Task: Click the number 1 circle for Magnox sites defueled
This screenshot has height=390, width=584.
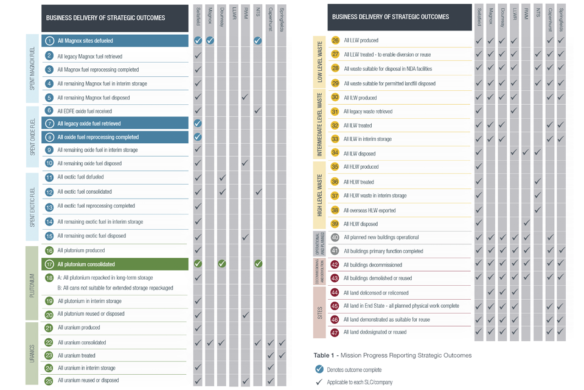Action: (50, 41)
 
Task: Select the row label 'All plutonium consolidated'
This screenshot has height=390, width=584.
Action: (86, 264)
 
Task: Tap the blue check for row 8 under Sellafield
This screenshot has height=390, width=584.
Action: (198, 137)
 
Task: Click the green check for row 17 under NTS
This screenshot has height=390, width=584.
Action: (258, 264)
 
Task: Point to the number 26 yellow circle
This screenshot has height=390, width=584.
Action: (335, 41)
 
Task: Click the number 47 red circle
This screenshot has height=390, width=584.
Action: (335, 332)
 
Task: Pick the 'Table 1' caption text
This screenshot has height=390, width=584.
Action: (392, 355)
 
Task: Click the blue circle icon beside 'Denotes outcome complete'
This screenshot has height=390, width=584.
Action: (319, 369)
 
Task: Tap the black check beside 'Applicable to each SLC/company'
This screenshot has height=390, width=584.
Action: (319, 382)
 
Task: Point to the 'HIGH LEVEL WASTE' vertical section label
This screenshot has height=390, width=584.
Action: (319, 196)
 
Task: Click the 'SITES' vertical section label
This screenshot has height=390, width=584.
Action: (319, 312)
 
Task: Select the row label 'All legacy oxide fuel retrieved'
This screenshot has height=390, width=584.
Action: (89, 124)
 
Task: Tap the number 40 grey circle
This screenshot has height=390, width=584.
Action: (335, 237)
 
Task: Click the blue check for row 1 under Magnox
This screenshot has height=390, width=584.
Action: (210, 41)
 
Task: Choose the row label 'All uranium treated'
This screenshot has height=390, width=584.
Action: (77, 355)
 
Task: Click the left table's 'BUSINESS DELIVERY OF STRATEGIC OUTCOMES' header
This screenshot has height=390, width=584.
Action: (106, 18)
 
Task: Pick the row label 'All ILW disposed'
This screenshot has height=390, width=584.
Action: (360, 154)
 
